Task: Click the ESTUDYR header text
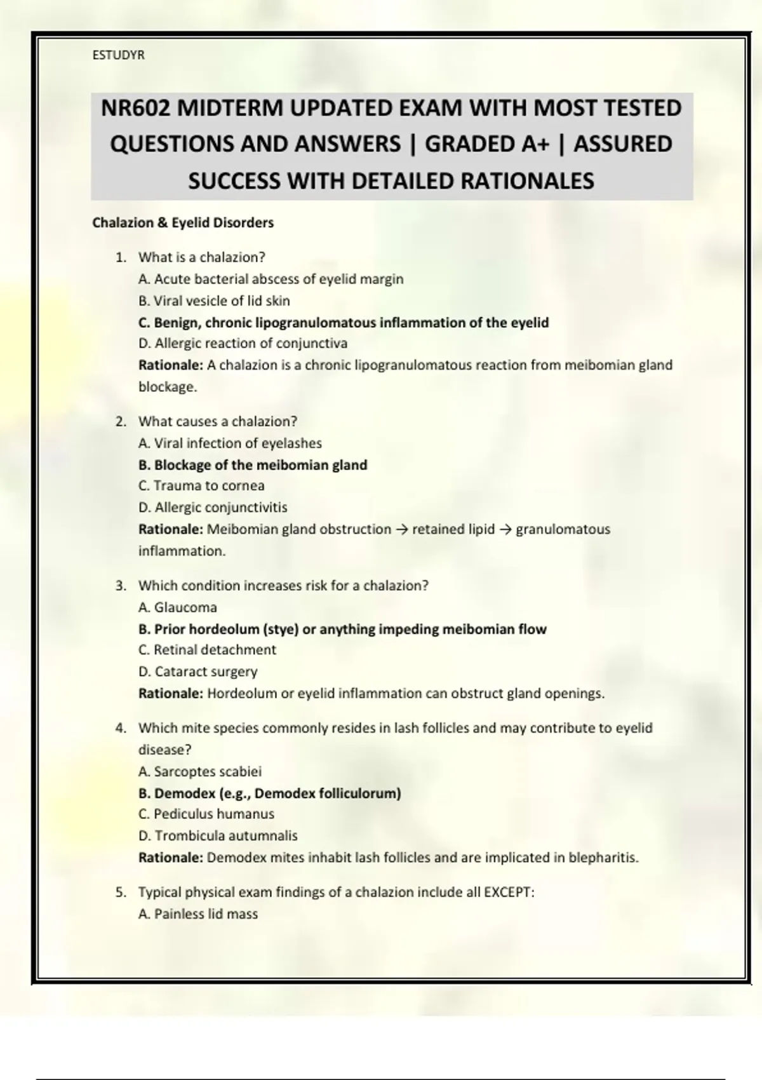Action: [118, 55]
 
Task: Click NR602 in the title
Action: [135, 108]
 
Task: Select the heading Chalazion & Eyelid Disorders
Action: [183, 223]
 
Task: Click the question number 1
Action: [120, 257]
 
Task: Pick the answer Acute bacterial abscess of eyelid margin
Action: [271, 279]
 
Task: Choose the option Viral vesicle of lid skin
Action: [214, 300]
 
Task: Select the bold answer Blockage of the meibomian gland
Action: [253, 465]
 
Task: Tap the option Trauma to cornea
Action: [201, 486]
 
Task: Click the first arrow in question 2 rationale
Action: [401, 530]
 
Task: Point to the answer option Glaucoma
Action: [178, 607]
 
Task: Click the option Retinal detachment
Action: [207, 650]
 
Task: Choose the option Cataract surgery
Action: [197, 672]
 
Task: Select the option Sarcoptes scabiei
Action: [200, 772]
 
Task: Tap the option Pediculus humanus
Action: [206, 814]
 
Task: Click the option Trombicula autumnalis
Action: [218, 836]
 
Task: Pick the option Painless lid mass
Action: [198, 914]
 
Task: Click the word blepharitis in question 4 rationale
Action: [603, 858]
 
